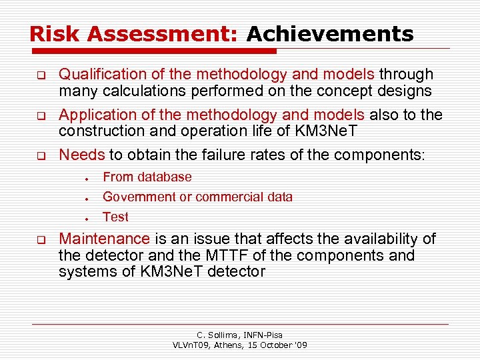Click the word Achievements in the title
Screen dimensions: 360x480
[330, 33]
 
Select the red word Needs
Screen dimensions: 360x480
[82, 155]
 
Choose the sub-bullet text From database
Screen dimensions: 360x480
[147, 177]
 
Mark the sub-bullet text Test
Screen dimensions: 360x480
[115, 217]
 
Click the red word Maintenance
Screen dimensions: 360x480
[105, 239]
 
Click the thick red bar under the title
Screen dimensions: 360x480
[153, 51]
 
